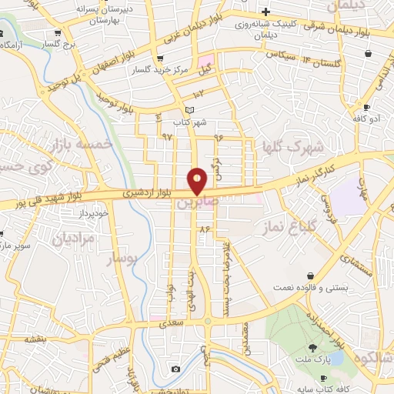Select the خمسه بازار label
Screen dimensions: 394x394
(81, 145)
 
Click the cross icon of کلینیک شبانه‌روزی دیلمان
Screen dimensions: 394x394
(265, 12)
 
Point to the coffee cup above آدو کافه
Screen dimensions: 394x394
(367, 107)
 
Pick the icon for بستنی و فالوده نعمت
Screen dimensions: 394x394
(310, 275)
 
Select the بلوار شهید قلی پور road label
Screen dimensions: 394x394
(53, 202)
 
